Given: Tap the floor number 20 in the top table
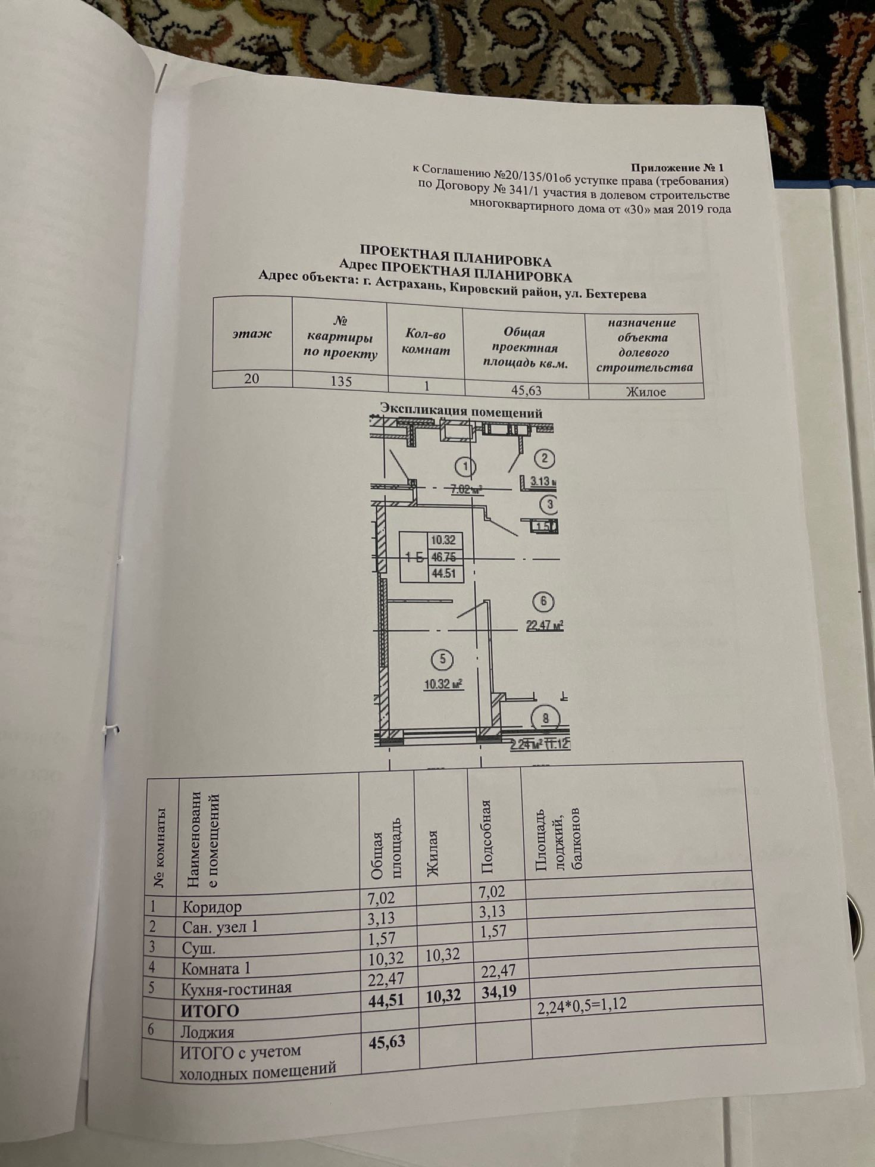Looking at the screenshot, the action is tap(251, 378).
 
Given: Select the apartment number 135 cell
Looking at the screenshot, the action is tap(341, 381).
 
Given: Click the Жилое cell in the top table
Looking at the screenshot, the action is tap(645, 392).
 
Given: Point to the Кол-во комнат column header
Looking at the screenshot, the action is tap(424, 343).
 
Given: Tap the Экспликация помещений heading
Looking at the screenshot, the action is tap(461, 412).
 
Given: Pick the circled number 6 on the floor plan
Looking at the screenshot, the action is tap(543, 602).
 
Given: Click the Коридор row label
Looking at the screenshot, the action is tap(212, 924).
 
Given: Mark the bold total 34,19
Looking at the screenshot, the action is tap(496, 992).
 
